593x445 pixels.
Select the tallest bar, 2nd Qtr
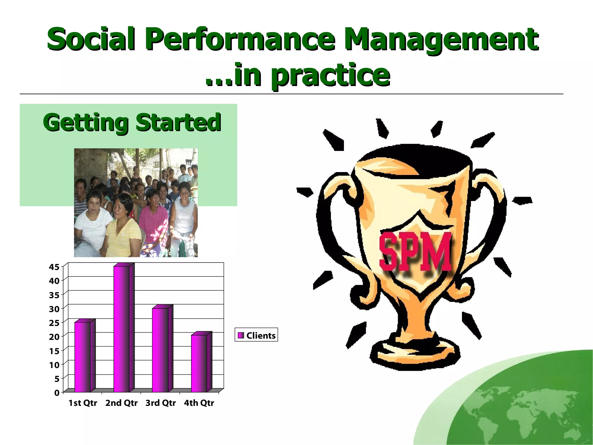click(x=122, y=329)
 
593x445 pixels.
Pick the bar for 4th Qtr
click(x=199, y=363)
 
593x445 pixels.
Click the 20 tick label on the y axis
click(x=54, y=337)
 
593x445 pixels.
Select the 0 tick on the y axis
click(x=57, y=393)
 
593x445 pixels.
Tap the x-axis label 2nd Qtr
click(x=121, y=403)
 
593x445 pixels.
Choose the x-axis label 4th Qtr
click(x=199, y=403)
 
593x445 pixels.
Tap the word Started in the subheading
click(x=178, y=122)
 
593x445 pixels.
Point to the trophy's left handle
click(x=333, y=220)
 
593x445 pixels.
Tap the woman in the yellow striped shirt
click(x=122, y=226)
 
